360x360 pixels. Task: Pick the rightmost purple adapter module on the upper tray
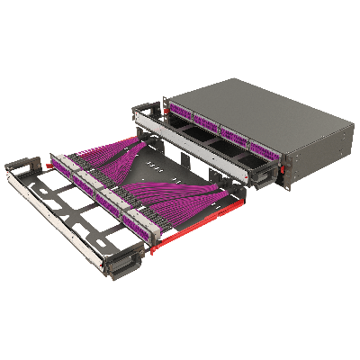tap(263, 147)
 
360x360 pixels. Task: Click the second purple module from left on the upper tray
tap(205, 124)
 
